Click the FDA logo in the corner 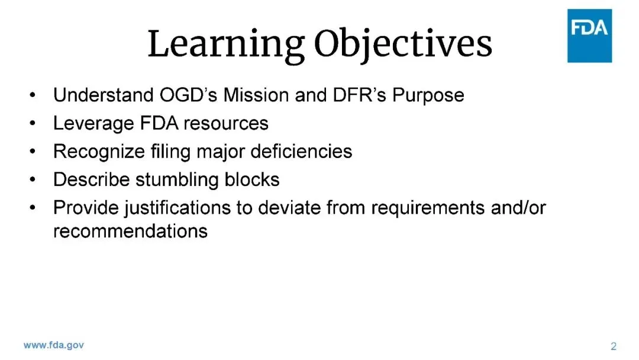point(589,36)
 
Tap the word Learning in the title point(226,44)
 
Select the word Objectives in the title point(403,44)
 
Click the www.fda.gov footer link point(54,345)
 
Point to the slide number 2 point(614,346)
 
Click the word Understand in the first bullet point(104,95)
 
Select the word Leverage point(93,124)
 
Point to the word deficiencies point(301,151)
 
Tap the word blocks point(252,179)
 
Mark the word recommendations point(130,231)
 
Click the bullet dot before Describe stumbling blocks point(33,180)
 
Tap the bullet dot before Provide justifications point(33,208)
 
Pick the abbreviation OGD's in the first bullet point(188,95)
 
